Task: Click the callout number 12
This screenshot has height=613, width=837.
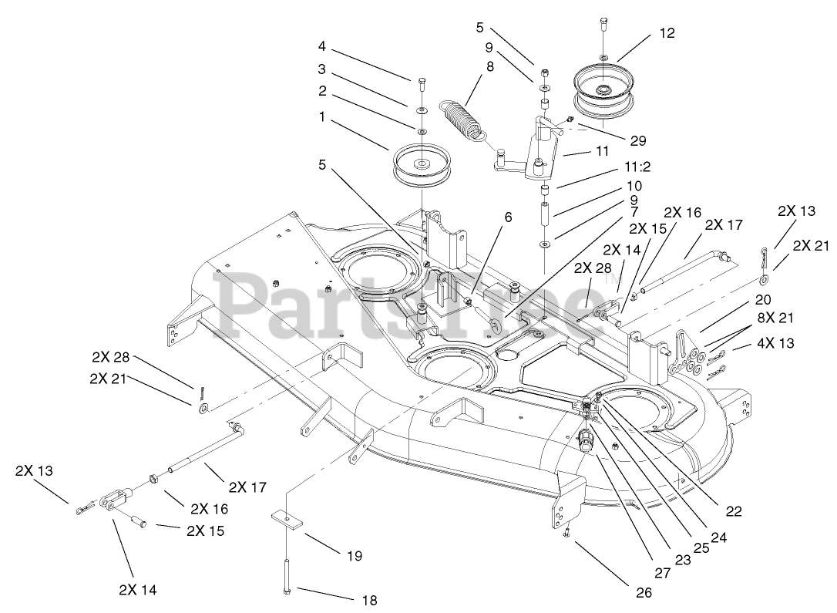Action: click(x=667, y=33)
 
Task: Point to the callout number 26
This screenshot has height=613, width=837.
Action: click(x=644, y=592)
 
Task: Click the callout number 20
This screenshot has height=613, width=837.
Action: click(x=741, y=299)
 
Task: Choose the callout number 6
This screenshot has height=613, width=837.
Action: click(x=508, y=217)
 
